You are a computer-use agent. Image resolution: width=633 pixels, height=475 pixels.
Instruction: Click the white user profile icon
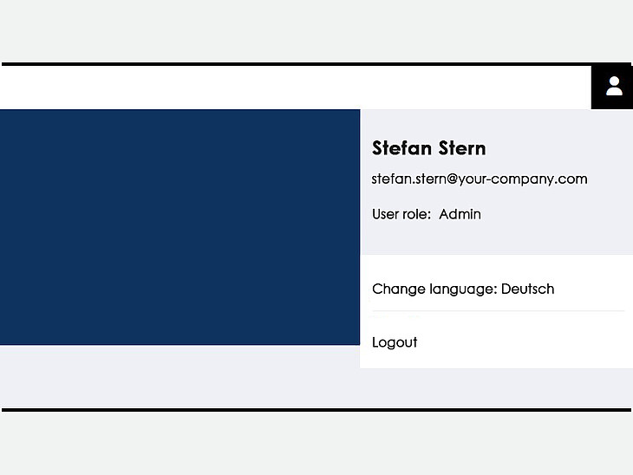tap(614, 86)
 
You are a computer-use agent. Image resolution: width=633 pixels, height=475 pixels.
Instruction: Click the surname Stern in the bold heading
tap(462, 148)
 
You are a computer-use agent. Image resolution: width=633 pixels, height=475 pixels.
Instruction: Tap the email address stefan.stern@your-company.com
tap(480, 179)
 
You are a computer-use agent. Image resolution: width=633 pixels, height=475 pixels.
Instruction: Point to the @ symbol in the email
tap(452, 179)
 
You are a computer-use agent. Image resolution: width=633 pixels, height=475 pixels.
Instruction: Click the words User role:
tap(401, 214)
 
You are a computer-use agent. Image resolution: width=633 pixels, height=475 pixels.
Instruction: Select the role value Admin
tap(460, 214)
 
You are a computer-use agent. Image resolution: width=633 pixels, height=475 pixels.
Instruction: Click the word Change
tap(399, 289)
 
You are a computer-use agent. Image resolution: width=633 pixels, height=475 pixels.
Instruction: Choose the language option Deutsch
tap(527, 289)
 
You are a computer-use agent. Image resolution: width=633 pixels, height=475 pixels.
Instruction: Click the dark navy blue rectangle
tap(179, 227)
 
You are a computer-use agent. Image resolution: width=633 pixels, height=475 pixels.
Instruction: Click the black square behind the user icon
tap(612, 87)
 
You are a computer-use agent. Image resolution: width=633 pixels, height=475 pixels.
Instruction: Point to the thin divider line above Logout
tap(499, 311)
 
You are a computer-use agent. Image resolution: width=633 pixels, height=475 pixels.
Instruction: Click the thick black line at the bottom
tap(316, 410)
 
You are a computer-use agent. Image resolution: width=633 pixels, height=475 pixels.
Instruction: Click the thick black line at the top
tap(316, 64)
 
